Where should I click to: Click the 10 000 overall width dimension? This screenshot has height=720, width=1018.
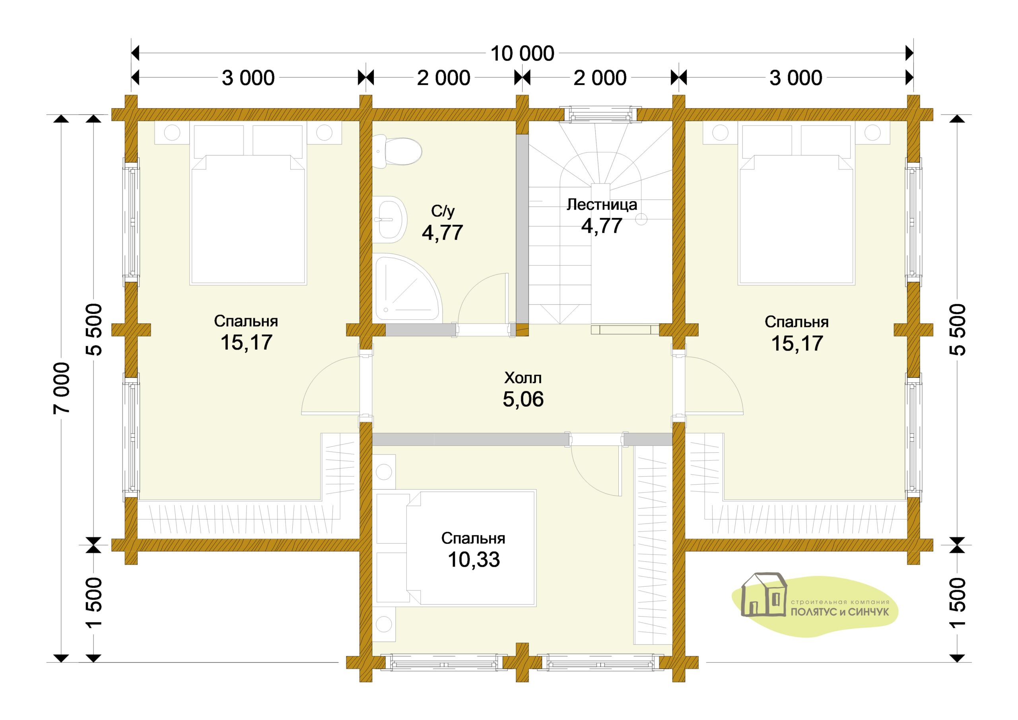tap(522, 54)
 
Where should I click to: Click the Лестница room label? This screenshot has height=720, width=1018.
tap(602, 204)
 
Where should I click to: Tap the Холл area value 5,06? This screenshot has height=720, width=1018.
tap(523, 399)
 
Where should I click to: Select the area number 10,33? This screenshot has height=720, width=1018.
tap(474, 560)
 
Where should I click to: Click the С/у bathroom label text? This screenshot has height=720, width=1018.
tap(443, 211)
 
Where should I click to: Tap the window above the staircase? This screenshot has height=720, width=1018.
tap(600, 114)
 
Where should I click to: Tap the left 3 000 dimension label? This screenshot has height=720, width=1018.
tap(248, 78)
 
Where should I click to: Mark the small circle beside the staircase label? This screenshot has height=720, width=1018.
tap(641, 219)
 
